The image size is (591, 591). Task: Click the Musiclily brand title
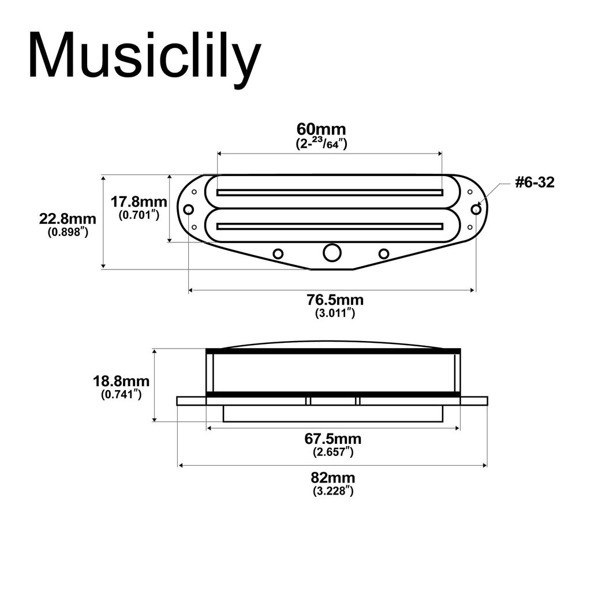[144, 56]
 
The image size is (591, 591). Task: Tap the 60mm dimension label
[321, 129]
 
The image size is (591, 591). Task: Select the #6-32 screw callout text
[534, 183]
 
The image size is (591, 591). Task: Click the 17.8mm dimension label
[139, 203]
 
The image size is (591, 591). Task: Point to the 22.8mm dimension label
[68, 219]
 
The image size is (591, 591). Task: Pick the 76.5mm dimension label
[335, 300]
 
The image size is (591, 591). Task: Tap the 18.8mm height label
[121, 381]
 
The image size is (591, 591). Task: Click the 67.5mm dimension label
[333, 439]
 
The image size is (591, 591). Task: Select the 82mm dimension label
[333, 478]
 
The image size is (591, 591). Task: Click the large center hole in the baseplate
[332, 253]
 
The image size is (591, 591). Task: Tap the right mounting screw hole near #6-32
[476, 209]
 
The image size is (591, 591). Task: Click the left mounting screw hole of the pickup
[189, 209]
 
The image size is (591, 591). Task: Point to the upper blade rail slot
[330, 192]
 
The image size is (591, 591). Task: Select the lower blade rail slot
[330, 225]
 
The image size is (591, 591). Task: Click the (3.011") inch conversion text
[335, 313]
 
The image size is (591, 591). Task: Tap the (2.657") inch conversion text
[333, 452]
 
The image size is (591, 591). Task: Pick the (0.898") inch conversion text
[68, 233]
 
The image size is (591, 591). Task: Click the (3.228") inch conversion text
[333, 491]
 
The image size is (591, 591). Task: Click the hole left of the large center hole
[278, 253]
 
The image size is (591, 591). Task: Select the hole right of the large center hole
[384, 253]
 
